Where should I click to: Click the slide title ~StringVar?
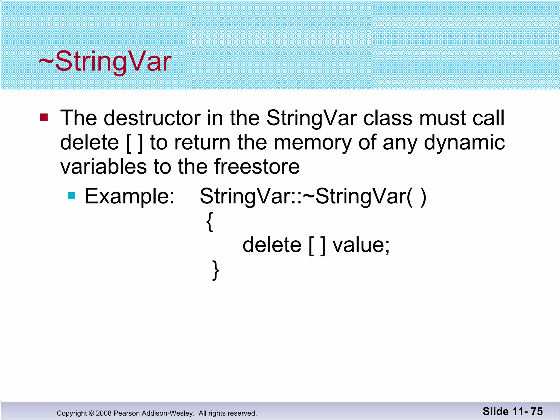(105, 62)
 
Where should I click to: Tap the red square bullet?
(44, 118)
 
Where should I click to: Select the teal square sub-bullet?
(71, 196)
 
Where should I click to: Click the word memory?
(313, 143)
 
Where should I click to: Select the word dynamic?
(464, 143)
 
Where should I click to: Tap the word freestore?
(257, 167)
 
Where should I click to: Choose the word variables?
(104, 167)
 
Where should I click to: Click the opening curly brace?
(209, 222)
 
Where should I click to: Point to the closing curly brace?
(215, 270)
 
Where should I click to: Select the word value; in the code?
(361, 245)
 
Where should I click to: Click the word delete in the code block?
(272, 245)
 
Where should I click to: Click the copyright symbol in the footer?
(91, 413)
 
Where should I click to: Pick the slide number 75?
(537, 411)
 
